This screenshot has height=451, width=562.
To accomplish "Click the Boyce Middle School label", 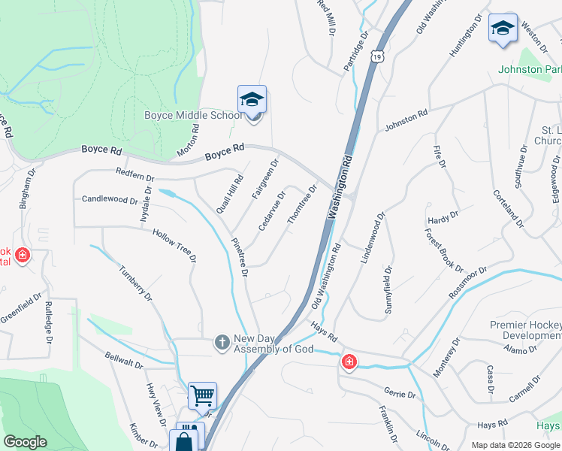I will [193, 115].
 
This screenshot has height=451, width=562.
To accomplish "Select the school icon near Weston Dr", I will [503, 29].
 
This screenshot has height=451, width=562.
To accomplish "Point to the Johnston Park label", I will [530, 69].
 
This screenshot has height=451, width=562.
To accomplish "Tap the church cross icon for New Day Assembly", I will [222, 342].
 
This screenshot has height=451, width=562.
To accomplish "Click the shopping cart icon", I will [202, 395].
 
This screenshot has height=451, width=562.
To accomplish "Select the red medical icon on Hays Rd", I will [349, 363].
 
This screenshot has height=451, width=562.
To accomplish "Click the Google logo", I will [26, 442].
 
